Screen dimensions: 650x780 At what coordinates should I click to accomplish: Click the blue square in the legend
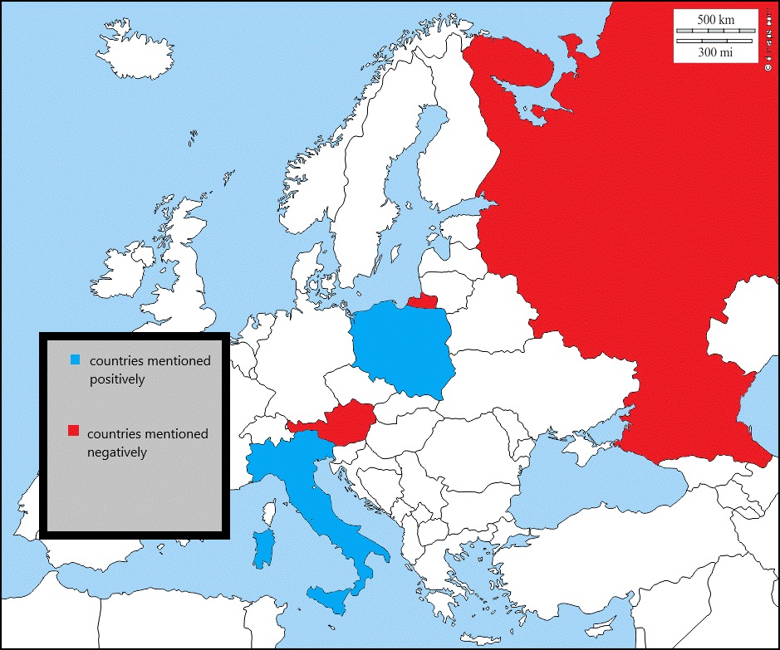pos(76,360)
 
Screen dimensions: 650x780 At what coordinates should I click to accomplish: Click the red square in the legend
pos(73,431)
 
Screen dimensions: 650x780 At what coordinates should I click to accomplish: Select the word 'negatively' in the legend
pos(117,452)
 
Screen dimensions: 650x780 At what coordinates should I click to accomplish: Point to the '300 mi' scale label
pos(715,51)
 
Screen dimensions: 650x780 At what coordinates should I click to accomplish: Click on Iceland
pos(150,53)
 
